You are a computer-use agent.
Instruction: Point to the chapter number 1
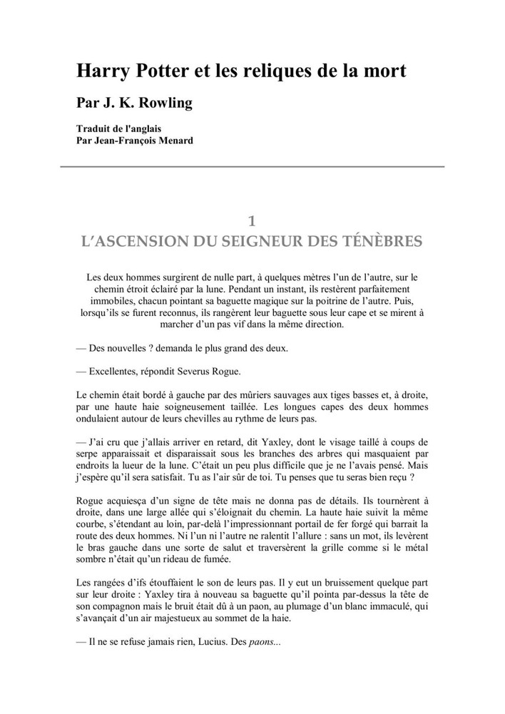(252, 221)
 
